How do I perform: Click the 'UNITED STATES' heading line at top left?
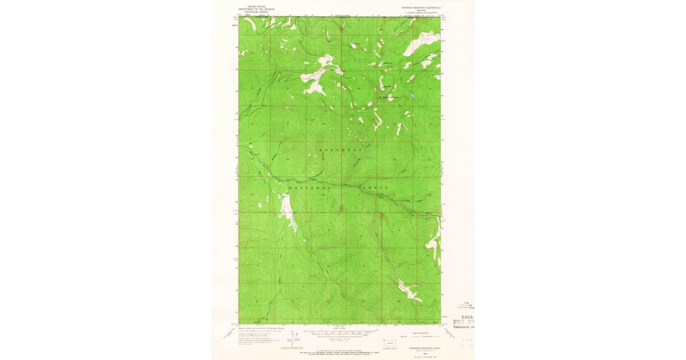click(256, 7)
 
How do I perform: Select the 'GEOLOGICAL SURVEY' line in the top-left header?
click(256, 11)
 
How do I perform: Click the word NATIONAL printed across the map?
click(309, 187)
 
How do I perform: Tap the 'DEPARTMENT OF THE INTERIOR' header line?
click(256, 9)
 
